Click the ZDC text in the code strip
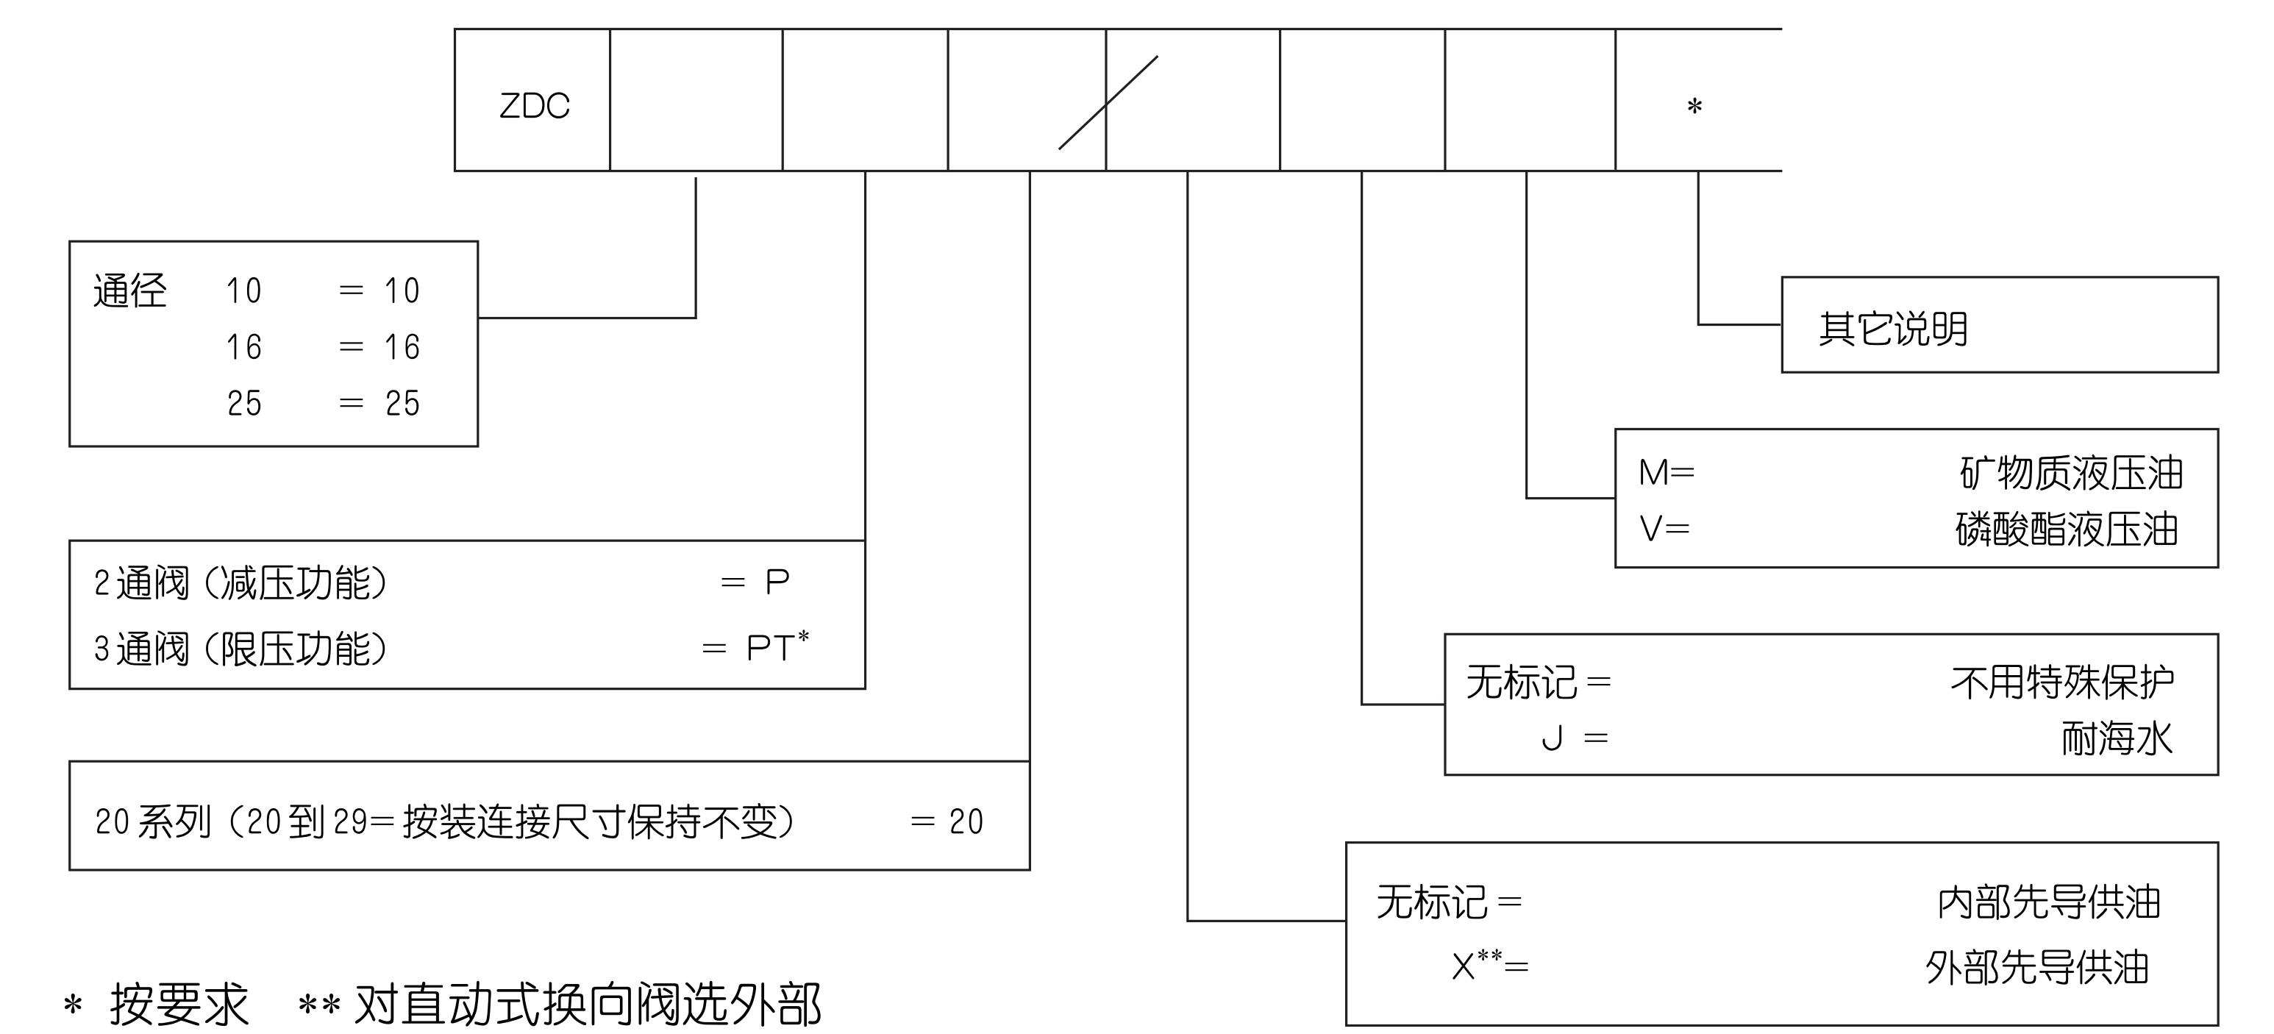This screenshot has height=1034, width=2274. click(x=534, y=106)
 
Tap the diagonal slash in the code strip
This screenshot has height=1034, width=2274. click(x=1108, y=103)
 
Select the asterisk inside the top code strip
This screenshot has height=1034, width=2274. click(x=1694, y=107)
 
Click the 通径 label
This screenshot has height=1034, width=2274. click(x=129, y=290)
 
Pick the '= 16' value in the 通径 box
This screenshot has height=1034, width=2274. click(x=380, y=347)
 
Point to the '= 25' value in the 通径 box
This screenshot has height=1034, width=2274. click(x=380, y=404)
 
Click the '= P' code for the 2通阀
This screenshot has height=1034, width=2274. click(x=755, y=582)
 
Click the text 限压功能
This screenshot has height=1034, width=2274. click(x=295, y=649)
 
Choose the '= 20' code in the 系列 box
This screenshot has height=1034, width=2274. click(x=947, y=822)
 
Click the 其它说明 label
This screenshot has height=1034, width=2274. click(x=1892, y=329)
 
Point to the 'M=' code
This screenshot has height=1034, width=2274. click(x=1666, y=474)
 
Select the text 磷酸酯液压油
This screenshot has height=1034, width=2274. click(x=2067, y=530)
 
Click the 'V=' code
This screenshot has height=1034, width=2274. click(x=1664, y=529)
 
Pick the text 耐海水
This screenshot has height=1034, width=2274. click(x=2116, y=738)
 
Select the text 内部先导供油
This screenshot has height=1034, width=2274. click(x=2048, y=902)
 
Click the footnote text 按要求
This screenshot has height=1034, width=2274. click(x=179, y=1004)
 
